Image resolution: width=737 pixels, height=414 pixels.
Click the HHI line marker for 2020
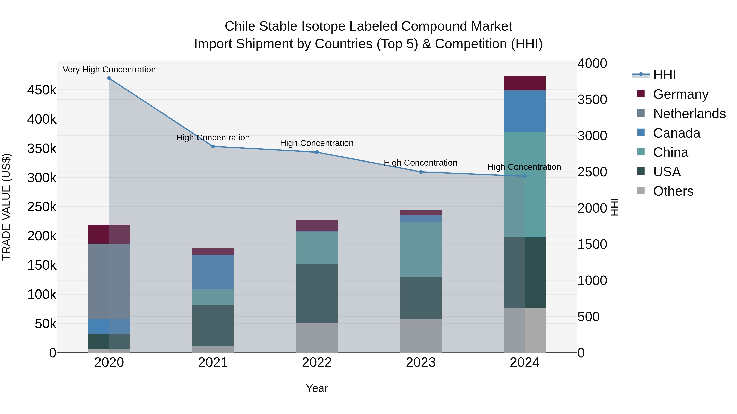(109, 78)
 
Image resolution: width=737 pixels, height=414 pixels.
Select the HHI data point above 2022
(317, 152)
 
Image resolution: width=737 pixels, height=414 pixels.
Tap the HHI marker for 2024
(524, 176)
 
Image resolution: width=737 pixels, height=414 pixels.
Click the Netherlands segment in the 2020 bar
(109, 281)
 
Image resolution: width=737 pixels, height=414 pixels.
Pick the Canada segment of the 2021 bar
(213, 272)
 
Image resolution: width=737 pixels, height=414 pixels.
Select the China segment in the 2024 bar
(524, 185)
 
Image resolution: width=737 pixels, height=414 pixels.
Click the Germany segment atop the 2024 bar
(524, 83)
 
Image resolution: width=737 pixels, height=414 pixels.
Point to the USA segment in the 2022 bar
(317, 293)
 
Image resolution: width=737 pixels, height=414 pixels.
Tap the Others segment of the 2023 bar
(420, 336)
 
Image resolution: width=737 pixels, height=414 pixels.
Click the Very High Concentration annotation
(109, 70)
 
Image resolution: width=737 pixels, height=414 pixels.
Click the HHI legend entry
(664, 75)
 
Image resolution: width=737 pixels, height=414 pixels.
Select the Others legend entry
(673, 191)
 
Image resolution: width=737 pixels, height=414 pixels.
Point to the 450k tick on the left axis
(42, 90)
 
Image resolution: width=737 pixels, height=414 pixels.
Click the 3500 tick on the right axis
(592, 100)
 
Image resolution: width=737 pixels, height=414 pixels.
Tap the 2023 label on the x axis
(420, 362)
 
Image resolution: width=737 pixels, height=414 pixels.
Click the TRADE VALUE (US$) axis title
(7, 207)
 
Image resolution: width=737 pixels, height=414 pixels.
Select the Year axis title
(317, 388)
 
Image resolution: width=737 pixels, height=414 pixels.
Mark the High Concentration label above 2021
(213, 138)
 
